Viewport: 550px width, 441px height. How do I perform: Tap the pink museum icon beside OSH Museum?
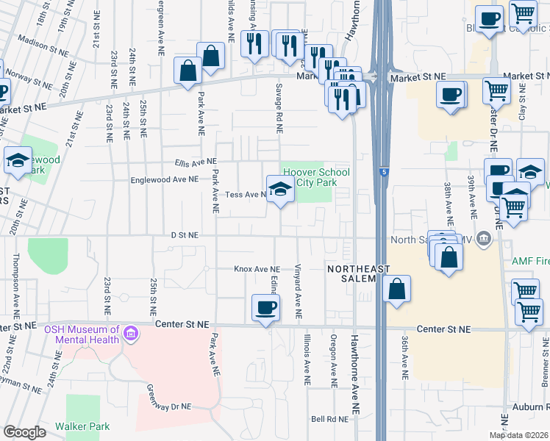click(131, 335)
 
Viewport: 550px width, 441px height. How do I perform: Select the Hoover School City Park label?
click(317, 177)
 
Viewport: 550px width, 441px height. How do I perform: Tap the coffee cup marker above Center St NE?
click(265, 306)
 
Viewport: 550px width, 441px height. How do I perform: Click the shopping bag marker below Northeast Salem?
click(396, 289)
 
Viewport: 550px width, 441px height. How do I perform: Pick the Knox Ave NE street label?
click(257, 270)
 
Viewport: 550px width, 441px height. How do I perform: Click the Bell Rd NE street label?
click(328, 420)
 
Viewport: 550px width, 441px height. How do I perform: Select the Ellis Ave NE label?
click(196, 162)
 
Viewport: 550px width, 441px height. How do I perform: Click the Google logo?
click(25, 432)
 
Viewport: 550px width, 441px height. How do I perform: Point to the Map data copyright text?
click(519, 435)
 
